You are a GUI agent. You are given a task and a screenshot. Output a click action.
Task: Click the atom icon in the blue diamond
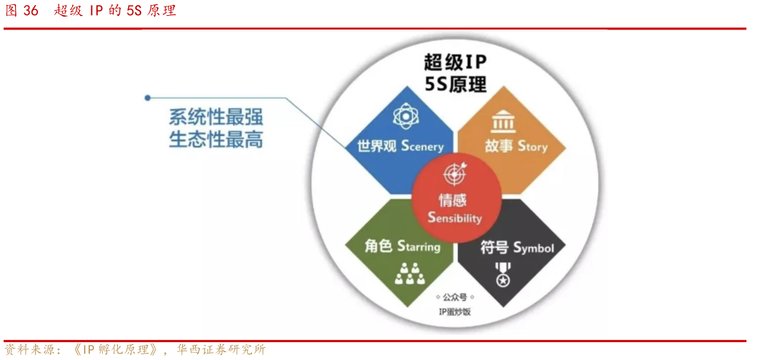coord(402,117)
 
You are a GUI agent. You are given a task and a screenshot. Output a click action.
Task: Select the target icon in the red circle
coord(454,174)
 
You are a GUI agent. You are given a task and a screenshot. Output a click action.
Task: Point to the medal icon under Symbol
coord(502,273)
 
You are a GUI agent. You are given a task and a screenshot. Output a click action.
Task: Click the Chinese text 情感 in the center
coord(454,200)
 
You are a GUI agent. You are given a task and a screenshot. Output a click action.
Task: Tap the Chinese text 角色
coord(379,246)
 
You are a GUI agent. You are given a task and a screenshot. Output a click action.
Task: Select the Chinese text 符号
coord(495,248)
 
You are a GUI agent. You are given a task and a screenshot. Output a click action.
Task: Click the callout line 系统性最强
coord(215,116)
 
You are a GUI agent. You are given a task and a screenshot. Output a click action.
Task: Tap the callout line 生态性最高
coord(215,139)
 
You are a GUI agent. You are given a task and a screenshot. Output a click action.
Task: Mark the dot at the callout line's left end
coord(147,97)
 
